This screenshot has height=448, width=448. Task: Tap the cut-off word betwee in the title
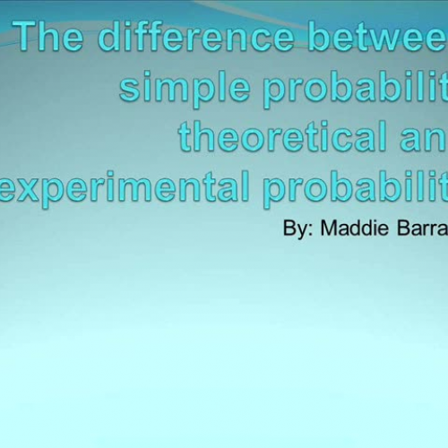pos(375,39)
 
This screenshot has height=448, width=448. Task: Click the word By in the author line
pos(295,228)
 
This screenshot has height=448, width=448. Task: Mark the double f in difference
pos(159,37)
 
